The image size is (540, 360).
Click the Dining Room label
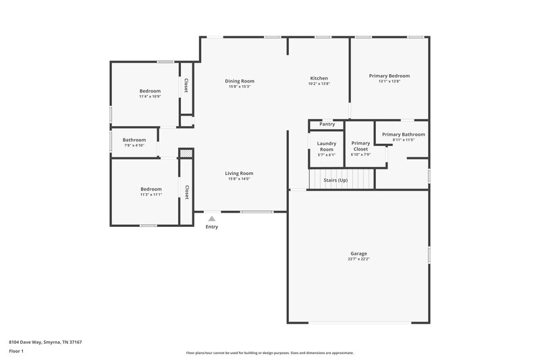pos(240,81)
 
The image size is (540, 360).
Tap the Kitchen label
pos(319,78)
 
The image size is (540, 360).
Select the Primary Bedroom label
pos(389,76)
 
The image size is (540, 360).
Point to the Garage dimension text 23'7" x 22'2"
pos(358,259)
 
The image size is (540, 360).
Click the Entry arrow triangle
pos(212,218)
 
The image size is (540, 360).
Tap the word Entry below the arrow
pos(212,227)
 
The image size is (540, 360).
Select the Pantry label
pos(327,124)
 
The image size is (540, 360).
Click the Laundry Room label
pos(326,147)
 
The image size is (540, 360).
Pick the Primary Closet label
pos(360,146)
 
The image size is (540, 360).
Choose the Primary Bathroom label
pos(403,134)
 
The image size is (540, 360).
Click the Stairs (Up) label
pos(335,180)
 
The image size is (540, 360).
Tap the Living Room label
pos(239,174)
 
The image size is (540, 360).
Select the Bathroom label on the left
pos(134,140)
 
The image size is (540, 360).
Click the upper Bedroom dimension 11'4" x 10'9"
pos(150,97)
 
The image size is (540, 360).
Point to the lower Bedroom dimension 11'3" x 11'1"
pos(151,195)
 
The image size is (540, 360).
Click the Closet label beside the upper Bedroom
pos(186,86)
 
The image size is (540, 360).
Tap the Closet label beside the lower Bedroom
pos(186,192)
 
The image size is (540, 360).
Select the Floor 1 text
pos(16,351)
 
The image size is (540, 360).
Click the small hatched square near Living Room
pos(186,155)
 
